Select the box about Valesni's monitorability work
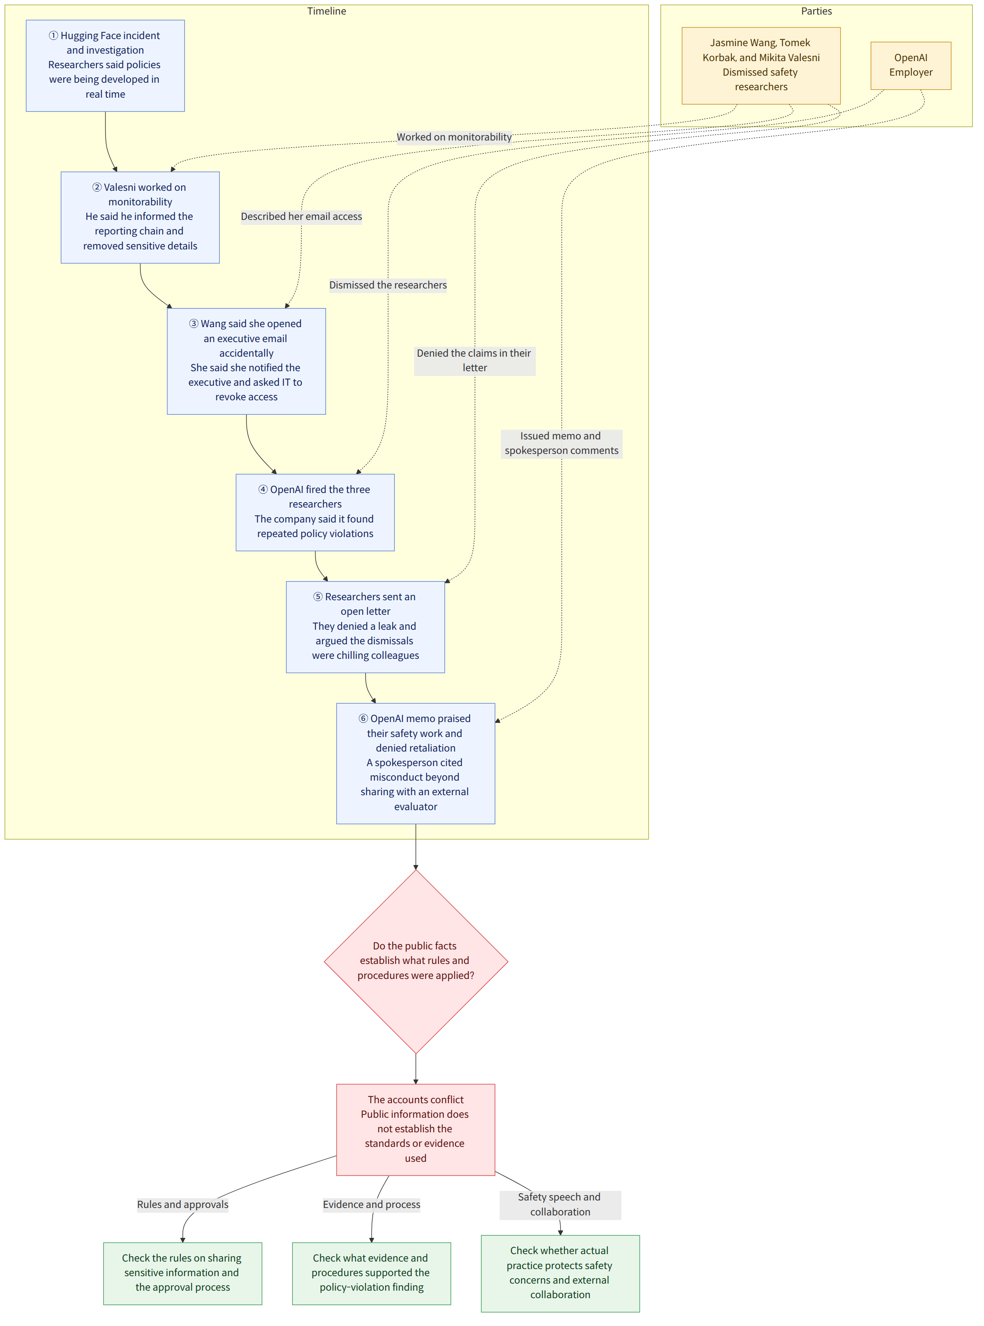pyautogui.click(x=140, y=217)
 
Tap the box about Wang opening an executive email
pyautogui.click(x=246, y=361)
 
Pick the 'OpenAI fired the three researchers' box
pyautogui.click(x=315, y=512)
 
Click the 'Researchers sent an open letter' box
pyautogui.click(x=365, y=627)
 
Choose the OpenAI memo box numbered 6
pyautogui.click(x=416, y=763)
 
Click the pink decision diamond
pyautogui.click(x=416, y=961)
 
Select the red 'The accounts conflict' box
pyautogui.click(x=416, y=1129)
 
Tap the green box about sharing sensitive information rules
pyautogui.click(x=182, y=1273)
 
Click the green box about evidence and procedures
pyautogui.click(x=371, y=1273)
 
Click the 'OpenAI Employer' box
pyautogui.click(x=911, y=66)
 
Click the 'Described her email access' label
pyautogui.click(x=301, y=216)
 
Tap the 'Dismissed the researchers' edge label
pyautogui.click(x=388, y=285)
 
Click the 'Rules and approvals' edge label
pyautogui.click(x=182, y=1205)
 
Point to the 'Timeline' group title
pyautogui.click(x=327, y=11)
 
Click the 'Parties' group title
pyautogui.click(x=816, y=11)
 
